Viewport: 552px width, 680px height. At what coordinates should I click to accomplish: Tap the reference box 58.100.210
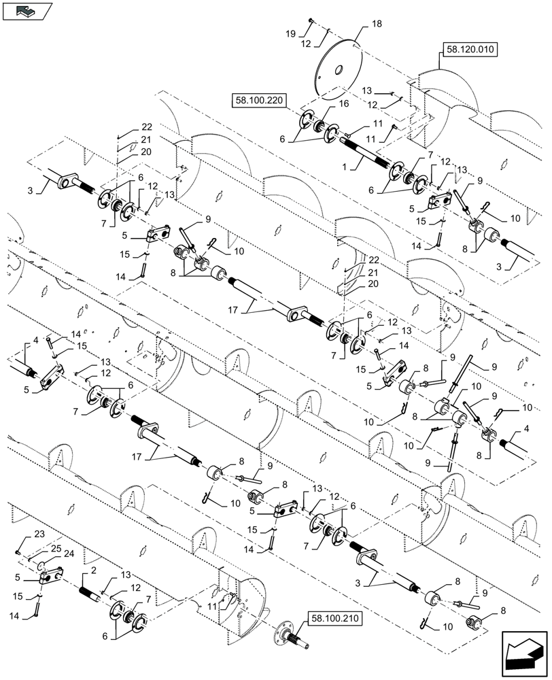click(x=336, y=619)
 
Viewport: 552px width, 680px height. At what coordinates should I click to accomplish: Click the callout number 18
click(x=377, y=24)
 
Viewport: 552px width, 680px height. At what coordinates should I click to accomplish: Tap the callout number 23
click(x=20, y=532)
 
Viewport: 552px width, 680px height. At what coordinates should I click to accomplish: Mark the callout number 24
click(x=68, y=554)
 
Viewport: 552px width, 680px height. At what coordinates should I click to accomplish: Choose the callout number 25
click(x=54, y=548)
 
